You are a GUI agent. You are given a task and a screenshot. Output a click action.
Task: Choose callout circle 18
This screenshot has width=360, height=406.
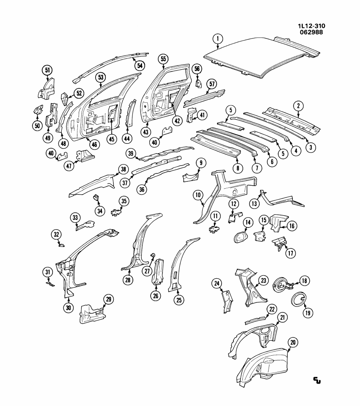(x=305, y=280)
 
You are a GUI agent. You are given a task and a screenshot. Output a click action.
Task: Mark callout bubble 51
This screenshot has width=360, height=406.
(x=47, y=70)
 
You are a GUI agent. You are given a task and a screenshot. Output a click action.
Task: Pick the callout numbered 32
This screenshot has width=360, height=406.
(x=57, y=234)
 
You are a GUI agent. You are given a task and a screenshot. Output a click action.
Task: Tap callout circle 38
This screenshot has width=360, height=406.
(x=123, y=170)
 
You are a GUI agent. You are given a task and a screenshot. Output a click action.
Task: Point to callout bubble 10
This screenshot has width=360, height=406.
(x=198, y=195)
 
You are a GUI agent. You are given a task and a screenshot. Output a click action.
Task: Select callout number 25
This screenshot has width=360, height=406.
(x=179, y=300)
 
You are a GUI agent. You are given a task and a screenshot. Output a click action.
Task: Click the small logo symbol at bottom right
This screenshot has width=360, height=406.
(x=316, y=380)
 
